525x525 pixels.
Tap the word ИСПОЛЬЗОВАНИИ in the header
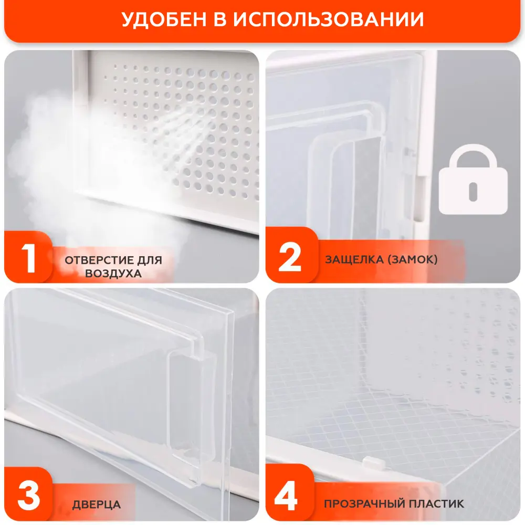tap(329, 19)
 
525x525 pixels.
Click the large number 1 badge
tap(29, 257)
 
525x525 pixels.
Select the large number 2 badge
tap(290, 257)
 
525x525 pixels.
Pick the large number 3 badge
tap(29, 496)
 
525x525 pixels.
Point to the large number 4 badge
tap(286, 496)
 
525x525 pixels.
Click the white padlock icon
tap(473, 180)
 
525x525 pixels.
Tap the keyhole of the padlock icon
tap(473, 191)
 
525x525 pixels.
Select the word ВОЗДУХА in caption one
tap(113, 274)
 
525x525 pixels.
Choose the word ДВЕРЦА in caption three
tap(97, 505)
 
